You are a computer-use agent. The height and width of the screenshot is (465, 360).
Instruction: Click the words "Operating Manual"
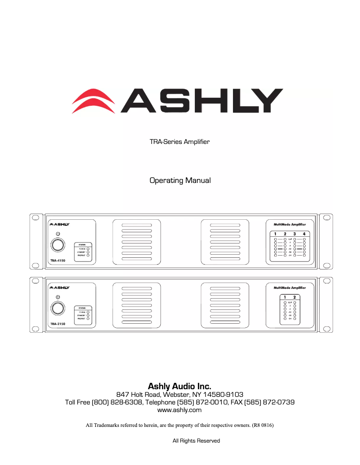point(180,181)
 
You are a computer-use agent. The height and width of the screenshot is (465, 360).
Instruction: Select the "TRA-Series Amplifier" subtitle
point(180,142)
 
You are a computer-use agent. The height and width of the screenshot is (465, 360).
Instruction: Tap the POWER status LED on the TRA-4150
point(88,248)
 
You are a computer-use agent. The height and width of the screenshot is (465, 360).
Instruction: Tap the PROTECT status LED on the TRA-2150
point(88,319)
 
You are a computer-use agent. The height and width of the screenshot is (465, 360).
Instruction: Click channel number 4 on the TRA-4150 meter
point(304,234)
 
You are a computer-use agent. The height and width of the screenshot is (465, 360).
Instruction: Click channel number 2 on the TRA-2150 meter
point(294,297)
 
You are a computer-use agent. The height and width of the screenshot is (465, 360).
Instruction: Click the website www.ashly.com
point(180,410)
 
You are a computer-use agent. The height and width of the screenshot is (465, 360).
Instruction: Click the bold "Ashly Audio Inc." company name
point(180,386)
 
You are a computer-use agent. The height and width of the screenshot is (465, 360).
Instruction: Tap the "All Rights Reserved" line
point(196,441)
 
